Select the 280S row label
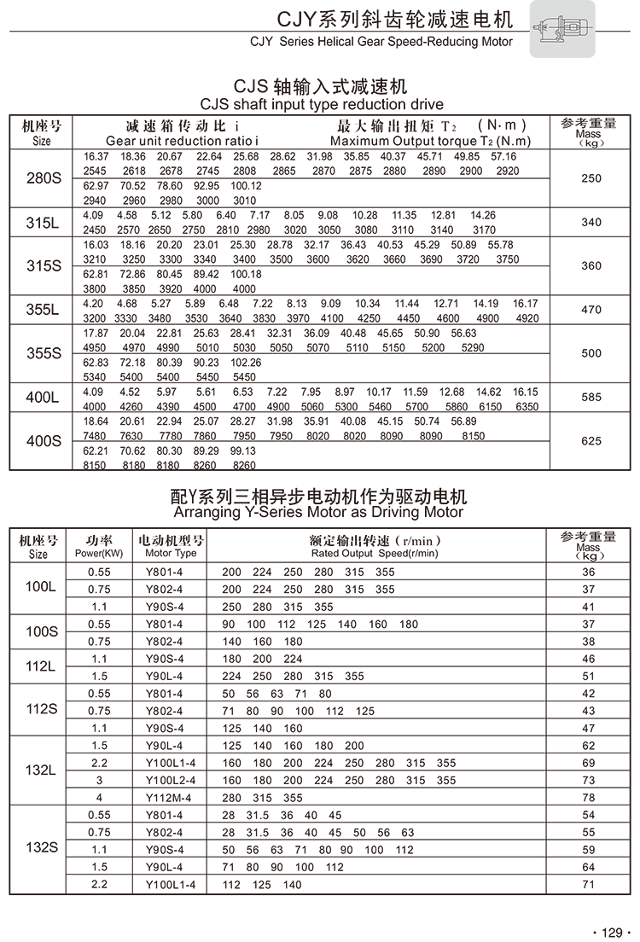coord(43,178)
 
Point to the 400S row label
coord(43,441)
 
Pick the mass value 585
coord(591,398)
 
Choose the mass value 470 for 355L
coord(591,310)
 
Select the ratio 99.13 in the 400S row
coord(243,451)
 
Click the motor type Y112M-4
coord(171,798)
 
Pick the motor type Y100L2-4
coord(171,780)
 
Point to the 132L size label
coord(41,770)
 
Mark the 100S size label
coord(41,632)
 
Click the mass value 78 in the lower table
coord(588,798)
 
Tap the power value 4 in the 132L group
coord(99,798)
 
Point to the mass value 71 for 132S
coord(588,885)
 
